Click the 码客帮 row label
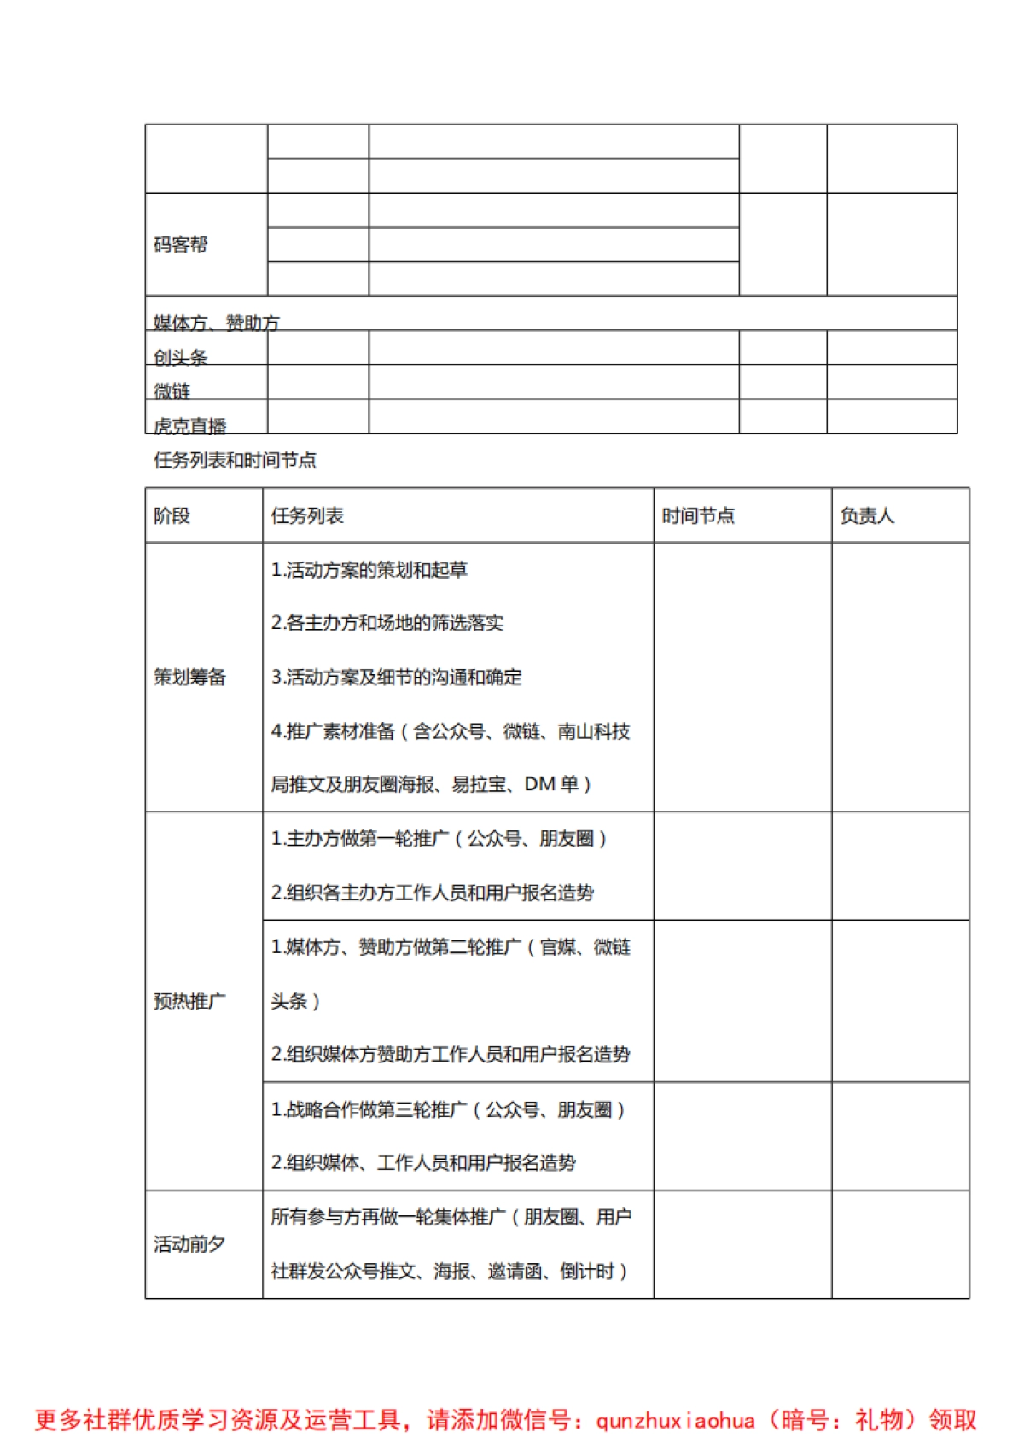point(180,245)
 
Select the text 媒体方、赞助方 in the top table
point(216,323)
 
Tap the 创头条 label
point(180,357)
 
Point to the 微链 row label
point(172,391)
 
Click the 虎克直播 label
point(189,425)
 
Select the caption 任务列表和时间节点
point(235,460)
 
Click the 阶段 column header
point(172,515)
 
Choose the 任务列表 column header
point(307,515)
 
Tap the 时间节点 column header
point(697,515)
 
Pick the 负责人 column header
point(866,515)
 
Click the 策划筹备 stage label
point(189,677)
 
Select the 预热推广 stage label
point(189,1000)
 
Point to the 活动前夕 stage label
point(189,1243)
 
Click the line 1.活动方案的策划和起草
point(369,569)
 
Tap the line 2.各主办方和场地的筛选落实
point(387,623)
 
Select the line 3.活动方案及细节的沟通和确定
point(396,677)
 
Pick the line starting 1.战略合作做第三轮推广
point(447,1109)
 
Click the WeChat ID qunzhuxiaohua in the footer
point(675,1420)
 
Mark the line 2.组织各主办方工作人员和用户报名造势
point(432,893)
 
